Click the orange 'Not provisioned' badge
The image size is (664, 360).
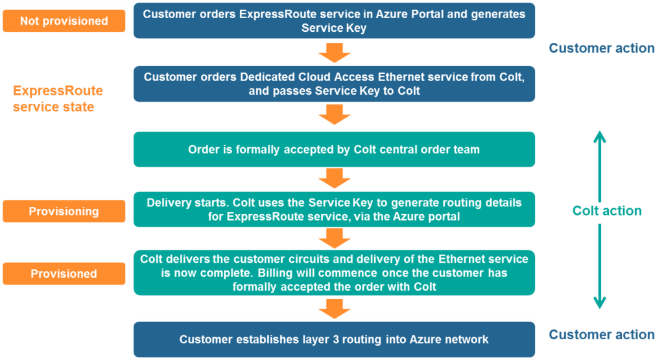pos(64,21)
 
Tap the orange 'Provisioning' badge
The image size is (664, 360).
pos(64,211)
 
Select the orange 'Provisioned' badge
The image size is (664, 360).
pos(64,273)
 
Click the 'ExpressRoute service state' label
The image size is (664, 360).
pos(58,99)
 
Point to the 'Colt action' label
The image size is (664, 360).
pos(607,211)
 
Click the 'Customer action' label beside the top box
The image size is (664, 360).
pos(602,48)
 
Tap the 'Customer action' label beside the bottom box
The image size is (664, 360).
pos(602,335)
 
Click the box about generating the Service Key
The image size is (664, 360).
pos(334,21)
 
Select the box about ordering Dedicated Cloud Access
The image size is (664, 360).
pos(334,84)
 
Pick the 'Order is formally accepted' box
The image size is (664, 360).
pos(334,149)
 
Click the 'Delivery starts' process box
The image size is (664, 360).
pos(334,210)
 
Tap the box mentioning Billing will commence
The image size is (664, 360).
pos(334,272)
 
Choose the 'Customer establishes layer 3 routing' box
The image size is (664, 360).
pos(334,339)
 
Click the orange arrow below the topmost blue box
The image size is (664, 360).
pos(335,53)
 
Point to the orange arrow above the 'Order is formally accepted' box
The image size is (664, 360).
pos(335,114)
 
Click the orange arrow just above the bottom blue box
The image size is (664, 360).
pos(335,309)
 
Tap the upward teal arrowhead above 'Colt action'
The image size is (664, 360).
pos(600,136)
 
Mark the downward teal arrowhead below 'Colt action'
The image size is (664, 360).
pos(600,302)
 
